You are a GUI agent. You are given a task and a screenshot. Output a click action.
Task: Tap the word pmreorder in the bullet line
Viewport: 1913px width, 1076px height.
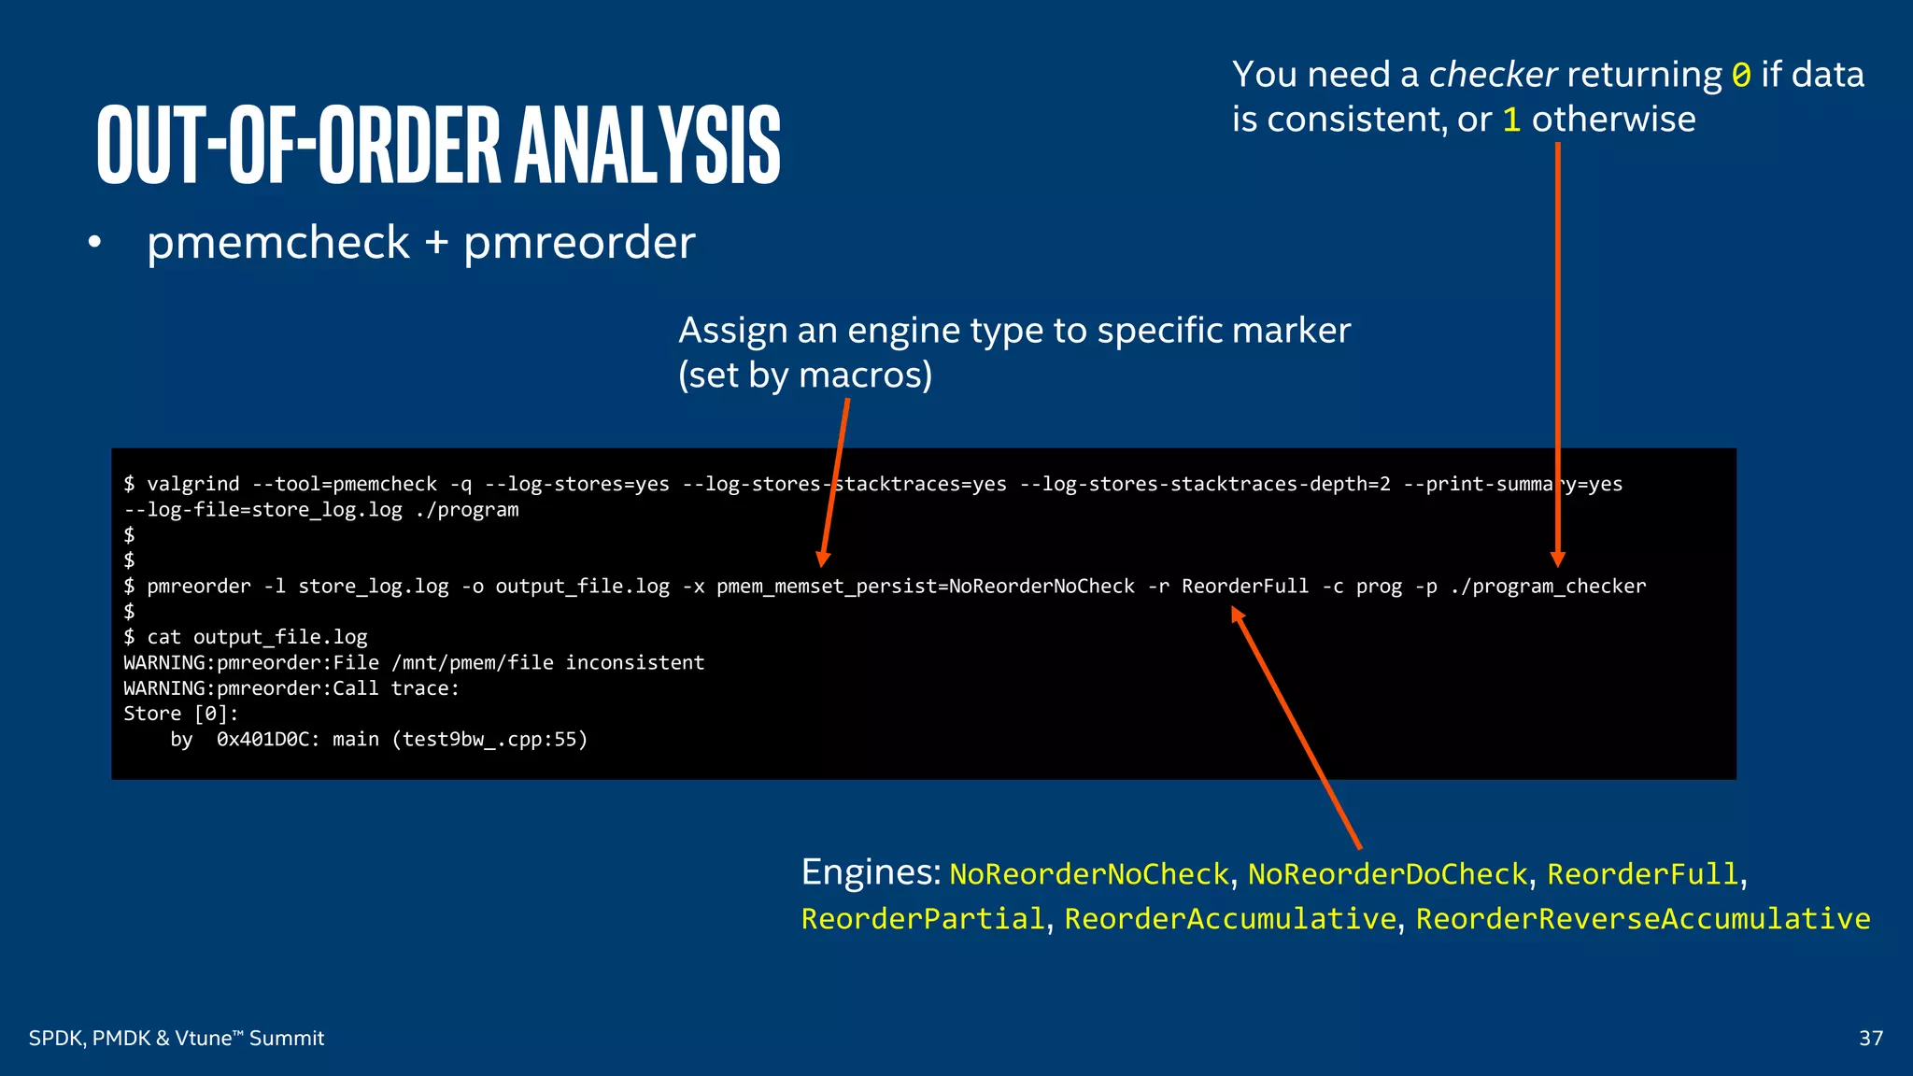(x=579, y=243)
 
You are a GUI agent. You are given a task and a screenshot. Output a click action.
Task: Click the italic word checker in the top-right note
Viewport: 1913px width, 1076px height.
(x=1493, y=75)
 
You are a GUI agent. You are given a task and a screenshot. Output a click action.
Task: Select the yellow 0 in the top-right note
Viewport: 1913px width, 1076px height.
(x=1741, y=75)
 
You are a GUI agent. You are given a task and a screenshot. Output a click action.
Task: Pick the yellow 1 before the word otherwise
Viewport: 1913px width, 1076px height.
(x=1511, y=120)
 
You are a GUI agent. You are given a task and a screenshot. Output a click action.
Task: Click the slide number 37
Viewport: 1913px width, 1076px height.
(x=1870, y=1038)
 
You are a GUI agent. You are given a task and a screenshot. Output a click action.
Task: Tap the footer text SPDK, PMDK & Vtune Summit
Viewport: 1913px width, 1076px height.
(x=177, y=1038)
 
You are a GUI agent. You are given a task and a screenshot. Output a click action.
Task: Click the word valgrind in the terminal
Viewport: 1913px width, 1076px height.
(x=192, y=484)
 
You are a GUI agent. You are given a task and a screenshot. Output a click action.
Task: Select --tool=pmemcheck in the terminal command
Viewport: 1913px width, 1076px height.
(x=345, y=484)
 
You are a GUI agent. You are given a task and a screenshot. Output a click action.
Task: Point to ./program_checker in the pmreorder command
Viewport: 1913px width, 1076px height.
(x=1548, y=587)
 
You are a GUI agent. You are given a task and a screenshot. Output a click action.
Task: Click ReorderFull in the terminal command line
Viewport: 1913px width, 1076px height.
(x=1245, y=587)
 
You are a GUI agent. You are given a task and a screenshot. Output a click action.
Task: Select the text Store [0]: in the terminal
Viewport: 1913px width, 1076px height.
(x=181, y=714)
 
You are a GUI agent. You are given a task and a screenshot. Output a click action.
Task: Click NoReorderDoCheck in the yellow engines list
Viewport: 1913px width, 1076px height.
(x=1387, y=874)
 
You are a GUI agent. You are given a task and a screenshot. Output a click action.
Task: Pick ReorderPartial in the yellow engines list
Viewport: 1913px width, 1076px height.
(x=923, y=919)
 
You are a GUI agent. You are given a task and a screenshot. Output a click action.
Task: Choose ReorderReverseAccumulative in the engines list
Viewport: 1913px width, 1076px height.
(x=1643, y=919)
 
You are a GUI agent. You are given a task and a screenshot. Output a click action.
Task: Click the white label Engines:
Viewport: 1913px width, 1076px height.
(x=871, y=872)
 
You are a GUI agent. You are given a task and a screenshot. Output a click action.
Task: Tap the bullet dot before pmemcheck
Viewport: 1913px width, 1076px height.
(x=93, y=243)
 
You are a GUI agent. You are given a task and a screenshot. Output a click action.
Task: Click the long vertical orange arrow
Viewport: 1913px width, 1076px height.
(x=1557, y=355)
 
